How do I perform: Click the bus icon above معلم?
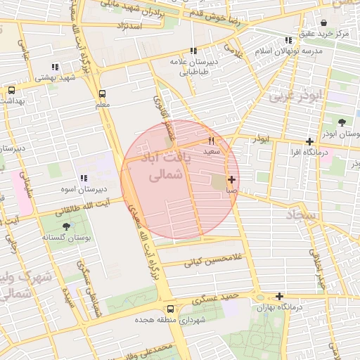tap(102, 94)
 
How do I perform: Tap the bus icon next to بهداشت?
tap(11, 90)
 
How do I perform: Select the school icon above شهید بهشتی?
tap(54, 67)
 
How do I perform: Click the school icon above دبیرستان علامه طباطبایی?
tap(193, 51)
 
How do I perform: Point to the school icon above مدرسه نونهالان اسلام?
tap(288, 41)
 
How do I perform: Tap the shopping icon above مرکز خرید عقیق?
tap(323, 22)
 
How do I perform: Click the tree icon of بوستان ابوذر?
tap(342, 122)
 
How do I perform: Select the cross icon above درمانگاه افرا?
tap(309, 141)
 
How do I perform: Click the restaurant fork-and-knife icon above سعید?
tap(211, 141)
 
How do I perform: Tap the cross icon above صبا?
tap(231, 180)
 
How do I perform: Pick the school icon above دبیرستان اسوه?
tap(84, 179)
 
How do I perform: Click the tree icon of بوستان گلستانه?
tap(67, 226)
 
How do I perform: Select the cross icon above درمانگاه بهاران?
tap(280, 297)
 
